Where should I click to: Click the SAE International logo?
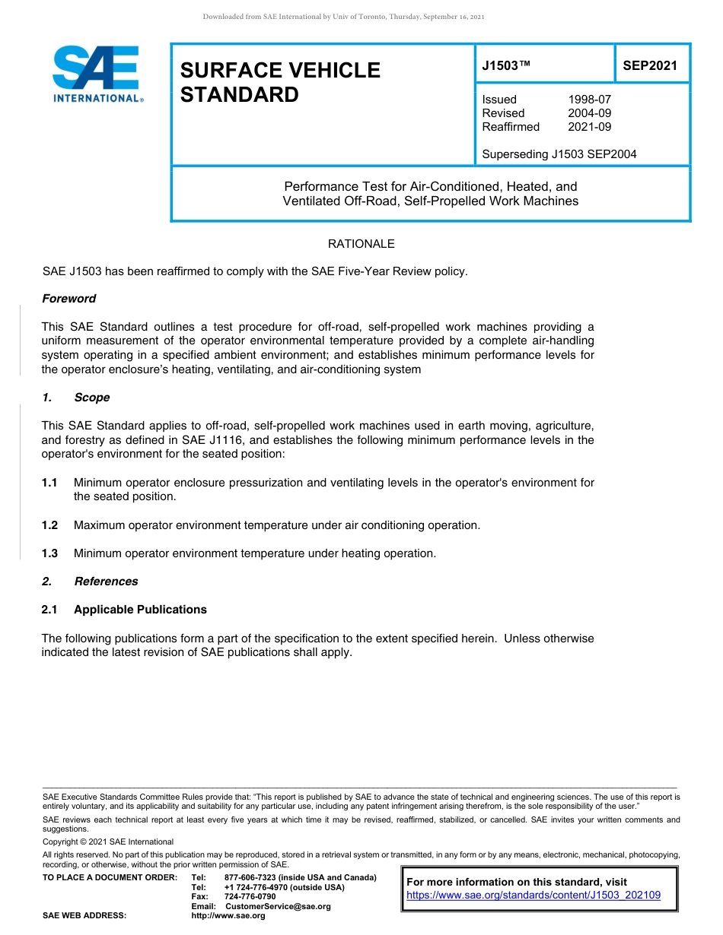(x=96, y=74)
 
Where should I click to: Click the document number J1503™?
(x=506, y=66)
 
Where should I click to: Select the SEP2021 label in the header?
(x=649, y=66)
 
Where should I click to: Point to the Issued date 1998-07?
(x=589, y=100)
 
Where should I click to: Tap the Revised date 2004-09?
(x=589, y=113)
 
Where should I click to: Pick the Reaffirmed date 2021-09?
(x=589, y=127)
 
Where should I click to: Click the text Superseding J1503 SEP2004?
(x=559, y=154)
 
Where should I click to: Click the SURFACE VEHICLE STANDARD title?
(x=279, y=82)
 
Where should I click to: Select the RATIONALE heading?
(x=361, y=244)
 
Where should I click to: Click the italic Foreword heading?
(x=68, y=299)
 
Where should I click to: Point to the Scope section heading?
(x=91, y=398)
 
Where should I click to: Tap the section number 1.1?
(x=49, y=483)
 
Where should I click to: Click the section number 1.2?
(x=49, y=525)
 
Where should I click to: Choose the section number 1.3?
(x=49, y=553)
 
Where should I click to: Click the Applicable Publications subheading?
(x=140, y=610)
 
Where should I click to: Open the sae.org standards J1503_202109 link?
(x=533, y=895)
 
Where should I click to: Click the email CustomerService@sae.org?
(x=278, y=906)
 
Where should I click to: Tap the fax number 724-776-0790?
(x=250, y=897)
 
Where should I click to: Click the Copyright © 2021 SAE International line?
(x=108, y=842)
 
